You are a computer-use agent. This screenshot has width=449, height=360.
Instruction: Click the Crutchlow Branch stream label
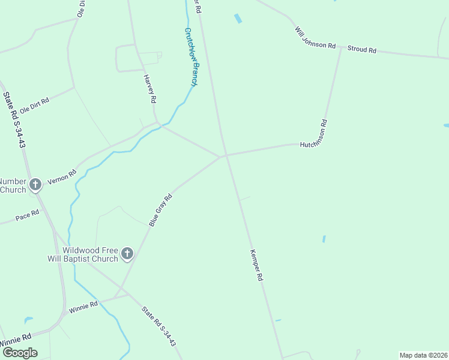coord(191,57)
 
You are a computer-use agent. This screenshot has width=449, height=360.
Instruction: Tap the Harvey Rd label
coord(150,88)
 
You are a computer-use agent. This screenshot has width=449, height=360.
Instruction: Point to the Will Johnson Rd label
coord(315,37)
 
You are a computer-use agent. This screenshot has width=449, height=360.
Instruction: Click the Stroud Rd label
coord(361,50)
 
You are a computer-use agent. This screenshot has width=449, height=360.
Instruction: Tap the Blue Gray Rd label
coord(160,210)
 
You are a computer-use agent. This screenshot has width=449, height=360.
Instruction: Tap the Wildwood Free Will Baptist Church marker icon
coord(127,254)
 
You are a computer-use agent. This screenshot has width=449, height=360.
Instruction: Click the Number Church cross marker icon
coord(35,185)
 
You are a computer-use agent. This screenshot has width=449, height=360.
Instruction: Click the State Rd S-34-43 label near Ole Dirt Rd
coord(14,120)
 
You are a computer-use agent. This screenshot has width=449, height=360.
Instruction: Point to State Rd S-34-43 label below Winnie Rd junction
coord(158,326)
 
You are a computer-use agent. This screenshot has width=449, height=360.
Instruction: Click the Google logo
coord(19,353)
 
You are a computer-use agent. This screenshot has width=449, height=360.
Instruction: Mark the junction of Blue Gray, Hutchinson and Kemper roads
coord(226,155)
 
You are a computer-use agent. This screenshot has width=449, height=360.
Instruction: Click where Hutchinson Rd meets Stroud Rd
coord(342,47)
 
